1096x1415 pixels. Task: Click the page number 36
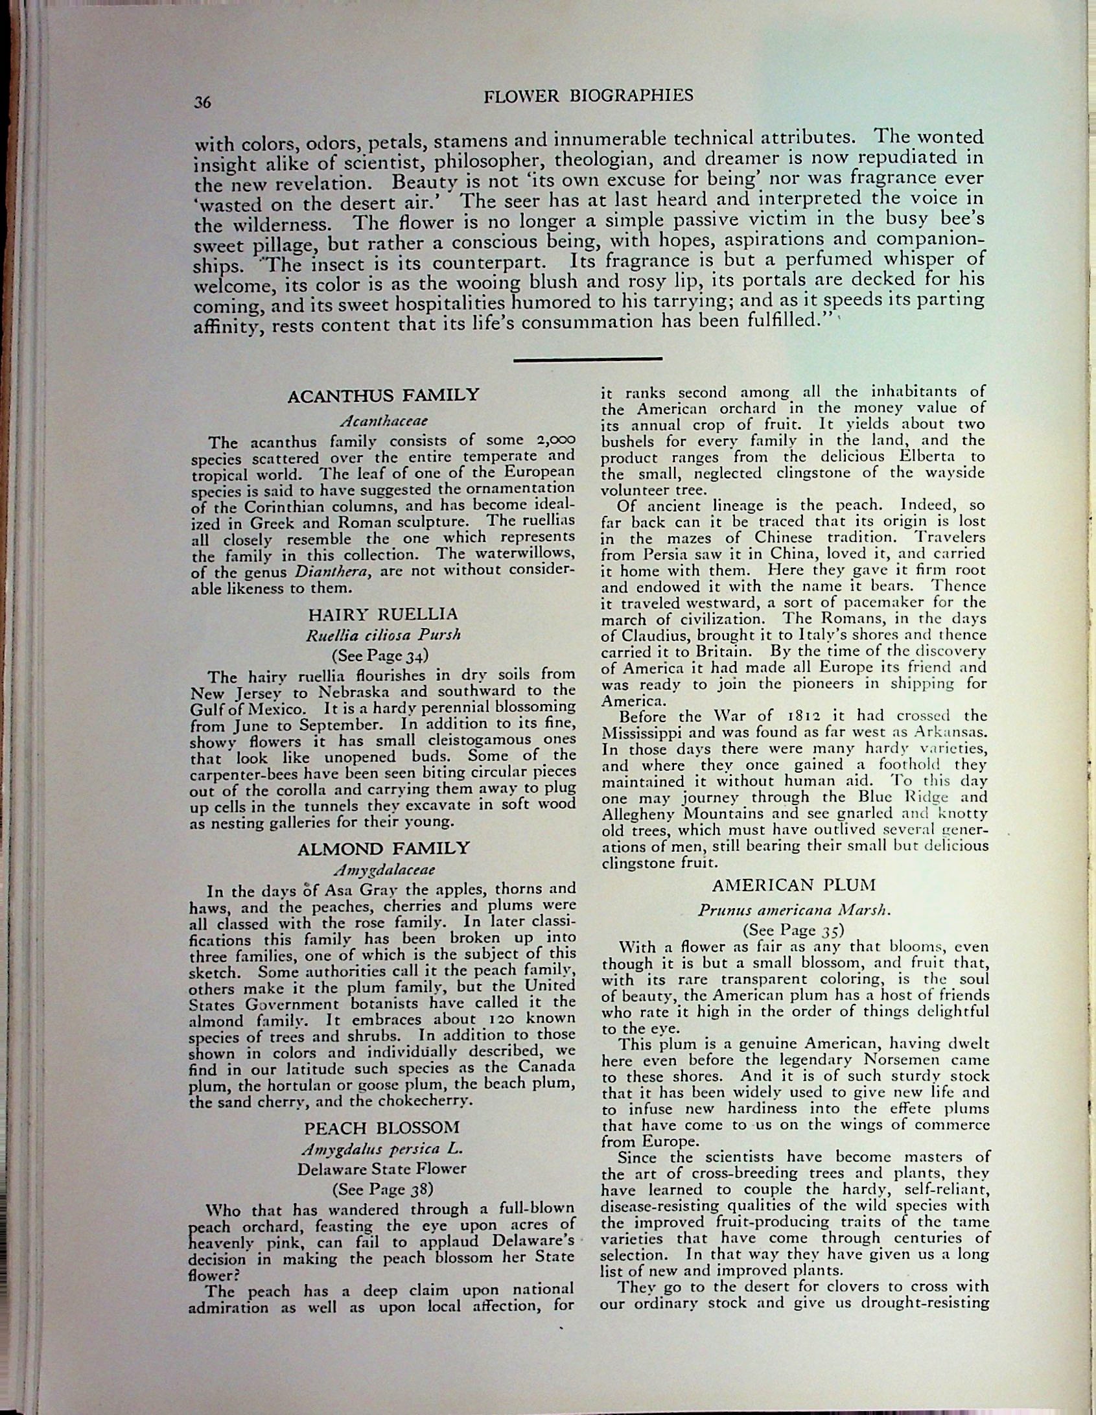203,102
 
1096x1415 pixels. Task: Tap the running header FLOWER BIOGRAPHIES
589,96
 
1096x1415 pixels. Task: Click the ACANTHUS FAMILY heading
383,395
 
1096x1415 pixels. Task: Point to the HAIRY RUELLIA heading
383,614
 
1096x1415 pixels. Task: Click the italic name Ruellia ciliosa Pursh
383,635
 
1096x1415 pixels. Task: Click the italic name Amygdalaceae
384,869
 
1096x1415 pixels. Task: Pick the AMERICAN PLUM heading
794,885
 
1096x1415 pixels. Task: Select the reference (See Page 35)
794,930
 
